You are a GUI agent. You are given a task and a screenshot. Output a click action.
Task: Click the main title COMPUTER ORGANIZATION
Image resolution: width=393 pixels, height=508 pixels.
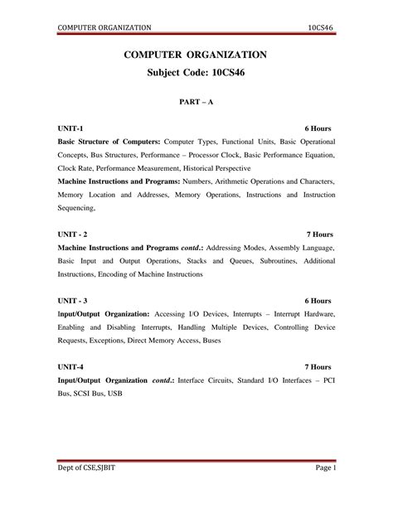coord(196,55)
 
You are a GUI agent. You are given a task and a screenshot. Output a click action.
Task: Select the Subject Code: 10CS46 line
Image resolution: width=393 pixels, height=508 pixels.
coord(196,73)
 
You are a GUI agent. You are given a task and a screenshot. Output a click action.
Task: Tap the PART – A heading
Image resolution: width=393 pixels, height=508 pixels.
coord(196,104)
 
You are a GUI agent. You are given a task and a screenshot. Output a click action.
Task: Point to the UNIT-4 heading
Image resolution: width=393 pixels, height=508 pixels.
coord(70,366)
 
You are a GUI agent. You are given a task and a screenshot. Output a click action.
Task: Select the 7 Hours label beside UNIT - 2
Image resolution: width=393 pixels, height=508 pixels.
coord(320,235)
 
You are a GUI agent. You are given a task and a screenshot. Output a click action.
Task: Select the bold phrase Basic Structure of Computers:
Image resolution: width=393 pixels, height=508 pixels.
coord(109,142)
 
